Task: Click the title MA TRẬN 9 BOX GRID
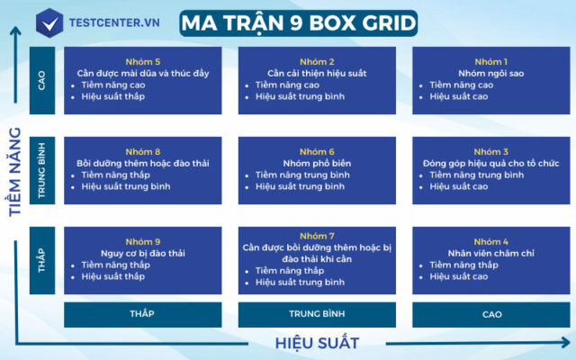point(298,22)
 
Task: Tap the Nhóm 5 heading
point(143,61)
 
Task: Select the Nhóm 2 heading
point(318,61)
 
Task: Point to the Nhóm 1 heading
point(491,61)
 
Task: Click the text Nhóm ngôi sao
point(491,73)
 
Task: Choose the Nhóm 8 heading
point(143,152)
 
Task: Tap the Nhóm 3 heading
point(491,152)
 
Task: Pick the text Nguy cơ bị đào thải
point(143,254)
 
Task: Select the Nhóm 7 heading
point(318,236)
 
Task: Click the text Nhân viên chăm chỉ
point(491,254)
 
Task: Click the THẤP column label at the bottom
point(142,315)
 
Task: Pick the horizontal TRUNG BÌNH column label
point(317,315)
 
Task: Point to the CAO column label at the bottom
point(491,315)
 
